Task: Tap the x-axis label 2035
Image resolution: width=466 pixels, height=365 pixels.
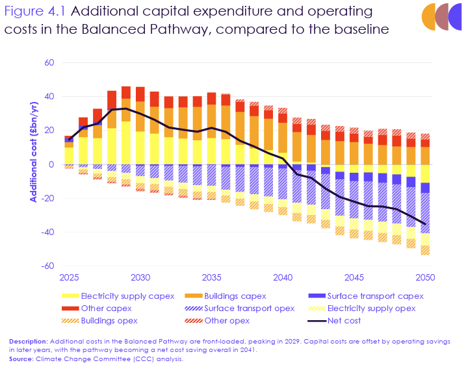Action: click(x=211, y=277)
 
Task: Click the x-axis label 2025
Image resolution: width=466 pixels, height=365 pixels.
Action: click(x=69, y=277)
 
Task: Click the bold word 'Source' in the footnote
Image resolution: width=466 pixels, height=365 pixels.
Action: click(x=21, y=359)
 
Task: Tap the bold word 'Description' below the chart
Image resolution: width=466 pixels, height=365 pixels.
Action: click(x=28, y=341)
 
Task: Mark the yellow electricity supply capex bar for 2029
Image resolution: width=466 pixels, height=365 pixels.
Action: click(x=126, y=143)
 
